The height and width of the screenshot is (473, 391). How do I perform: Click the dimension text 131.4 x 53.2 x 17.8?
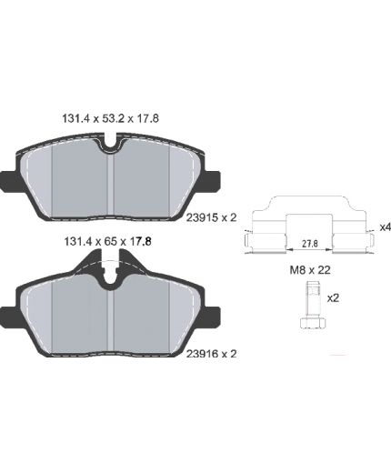(x=110, y=118)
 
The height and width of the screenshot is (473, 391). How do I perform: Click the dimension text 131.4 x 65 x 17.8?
(x=108, y=242)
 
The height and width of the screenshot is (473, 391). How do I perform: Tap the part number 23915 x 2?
(x=211, y=217)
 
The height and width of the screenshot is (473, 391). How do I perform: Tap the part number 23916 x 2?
(x=211, y=354)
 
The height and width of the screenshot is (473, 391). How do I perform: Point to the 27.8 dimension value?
(x=310, y=243)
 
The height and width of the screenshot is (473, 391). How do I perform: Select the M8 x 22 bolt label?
(x=310, y=270)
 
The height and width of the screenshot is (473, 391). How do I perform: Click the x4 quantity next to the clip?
(x=385, y=227)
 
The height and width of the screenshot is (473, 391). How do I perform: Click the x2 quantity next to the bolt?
(x=333, y=298)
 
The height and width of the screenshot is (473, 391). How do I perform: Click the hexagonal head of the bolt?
(x=313, y=323)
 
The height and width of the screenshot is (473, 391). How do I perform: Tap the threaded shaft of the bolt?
(x=314, y=299)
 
